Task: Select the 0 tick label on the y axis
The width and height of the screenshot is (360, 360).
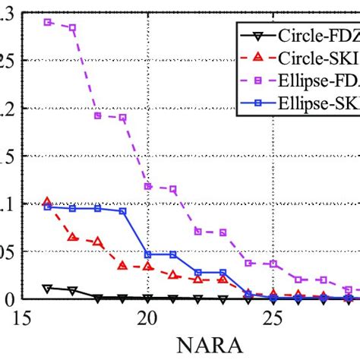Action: [6, 298]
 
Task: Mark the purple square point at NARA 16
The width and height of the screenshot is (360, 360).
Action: [48, 22]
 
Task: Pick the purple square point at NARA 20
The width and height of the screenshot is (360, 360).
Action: [148, 186]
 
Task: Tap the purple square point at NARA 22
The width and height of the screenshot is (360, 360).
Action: [198, 231]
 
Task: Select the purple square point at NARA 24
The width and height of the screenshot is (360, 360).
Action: [248, 263]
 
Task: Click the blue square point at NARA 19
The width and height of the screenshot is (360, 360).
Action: [123, 211]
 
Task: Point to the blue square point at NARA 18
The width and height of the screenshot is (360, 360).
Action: [98, 208]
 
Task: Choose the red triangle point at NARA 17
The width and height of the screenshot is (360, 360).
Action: [73, 237]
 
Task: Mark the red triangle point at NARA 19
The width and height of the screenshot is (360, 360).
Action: [123, 266]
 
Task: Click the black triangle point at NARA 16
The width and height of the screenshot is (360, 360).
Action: [48, 289]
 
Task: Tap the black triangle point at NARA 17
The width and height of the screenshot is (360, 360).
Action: [73, 291]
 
